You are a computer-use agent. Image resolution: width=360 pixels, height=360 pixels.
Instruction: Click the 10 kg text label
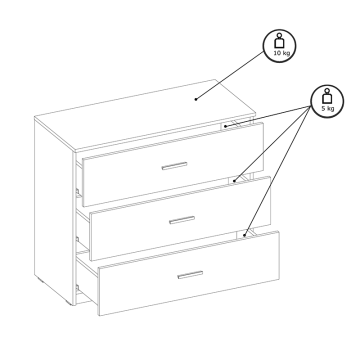coord(282,53)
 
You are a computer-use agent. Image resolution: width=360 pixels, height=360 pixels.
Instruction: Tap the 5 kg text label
coord(328,108)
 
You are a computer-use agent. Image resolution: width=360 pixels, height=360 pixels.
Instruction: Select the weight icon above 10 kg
coord(279,41)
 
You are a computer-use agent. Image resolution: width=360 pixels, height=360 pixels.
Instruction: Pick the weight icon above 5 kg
coord(327,96)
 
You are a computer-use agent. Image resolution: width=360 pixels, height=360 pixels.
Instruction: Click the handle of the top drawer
coord(174,166)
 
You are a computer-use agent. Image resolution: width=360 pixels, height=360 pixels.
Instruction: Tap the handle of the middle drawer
coord(182,220)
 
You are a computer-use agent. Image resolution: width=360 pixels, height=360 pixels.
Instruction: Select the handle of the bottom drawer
coord(190,275)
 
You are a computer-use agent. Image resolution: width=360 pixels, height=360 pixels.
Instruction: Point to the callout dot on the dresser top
coord(196,99)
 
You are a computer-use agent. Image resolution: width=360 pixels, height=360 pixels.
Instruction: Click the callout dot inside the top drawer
coord(225,126)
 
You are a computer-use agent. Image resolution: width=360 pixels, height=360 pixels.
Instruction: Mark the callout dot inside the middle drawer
coord(234,181)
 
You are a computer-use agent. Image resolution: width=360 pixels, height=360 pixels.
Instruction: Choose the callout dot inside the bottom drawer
coord(244,235)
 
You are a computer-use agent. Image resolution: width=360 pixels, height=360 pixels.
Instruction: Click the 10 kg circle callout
coord(279,46)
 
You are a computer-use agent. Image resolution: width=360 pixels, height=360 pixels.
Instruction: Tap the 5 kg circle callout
coord(327,101)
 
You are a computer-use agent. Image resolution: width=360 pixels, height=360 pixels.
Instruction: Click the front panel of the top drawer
coord(173,164)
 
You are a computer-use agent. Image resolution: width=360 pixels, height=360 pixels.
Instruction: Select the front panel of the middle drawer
coord(181,219)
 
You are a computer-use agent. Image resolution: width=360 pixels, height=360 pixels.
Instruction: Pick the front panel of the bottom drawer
coord(189,273)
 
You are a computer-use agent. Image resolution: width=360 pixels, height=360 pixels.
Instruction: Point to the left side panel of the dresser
coord(53,210)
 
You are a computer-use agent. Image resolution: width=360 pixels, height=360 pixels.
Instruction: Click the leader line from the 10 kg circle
coord(230,76)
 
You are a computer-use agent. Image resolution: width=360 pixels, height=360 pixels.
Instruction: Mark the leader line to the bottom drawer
coord(278,171)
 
